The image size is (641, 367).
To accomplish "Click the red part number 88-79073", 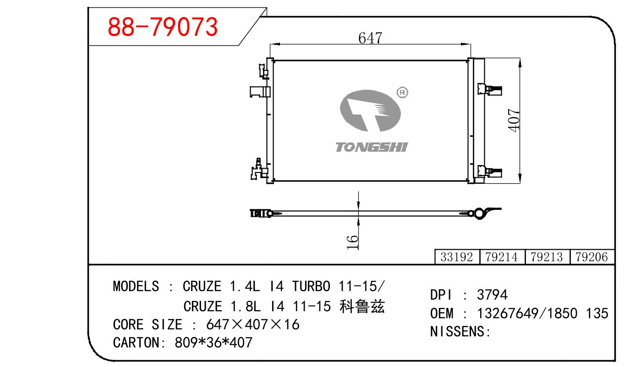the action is pyautogui.click(x=163, y=27).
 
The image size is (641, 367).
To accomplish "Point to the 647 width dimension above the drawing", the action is pyautogui.click(x=370, y=38).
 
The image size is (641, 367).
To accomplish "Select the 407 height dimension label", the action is pyautogui.click(x=514, y=120).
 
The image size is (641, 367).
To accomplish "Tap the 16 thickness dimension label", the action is pyautogui.click(x=352, y=242).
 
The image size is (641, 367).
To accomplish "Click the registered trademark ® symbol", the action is pyautogui.click(x=402, y=93).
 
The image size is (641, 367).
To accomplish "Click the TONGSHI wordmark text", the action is pyautogui.click(x=372, y=147).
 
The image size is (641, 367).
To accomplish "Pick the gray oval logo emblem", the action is pyautogui.click(x=370, y=111).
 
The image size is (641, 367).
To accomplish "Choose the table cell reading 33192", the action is pyautogui.click(x=457, y=257).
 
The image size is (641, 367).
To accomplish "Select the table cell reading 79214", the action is pyautogui.click(x=502, y=257).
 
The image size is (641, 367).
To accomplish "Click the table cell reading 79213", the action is pyautogui.click(x=547, y=257).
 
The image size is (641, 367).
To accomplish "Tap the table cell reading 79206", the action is pyautogui.click(x=592, y=257).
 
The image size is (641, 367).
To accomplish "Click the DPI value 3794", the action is pyautogui.click(x=492, y=295).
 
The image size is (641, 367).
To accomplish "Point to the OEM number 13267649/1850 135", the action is pyautogui.click(x=542, y=313).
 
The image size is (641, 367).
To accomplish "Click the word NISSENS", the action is pyautogui.click(x=457, y=332).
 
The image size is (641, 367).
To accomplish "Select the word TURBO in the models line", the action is pyautogui.click(x=312, y=286).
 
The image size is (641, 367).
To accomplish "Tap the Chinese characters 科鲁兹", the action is pyautogui.click(x=362, y=306).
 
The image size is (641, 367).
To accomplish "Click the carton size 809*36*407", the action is pyautogui.click(x=214, y=342).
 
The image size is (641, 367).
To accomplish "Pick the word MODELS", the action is pyautogui.click(x=136, y=286).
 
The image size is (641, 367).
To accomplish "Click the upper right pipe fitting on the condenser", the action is pyautogui.click(x=490, y=89).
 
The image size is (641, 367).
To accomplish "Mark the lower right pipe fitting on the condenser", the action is pyautogui.click(x=490, y=172).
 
